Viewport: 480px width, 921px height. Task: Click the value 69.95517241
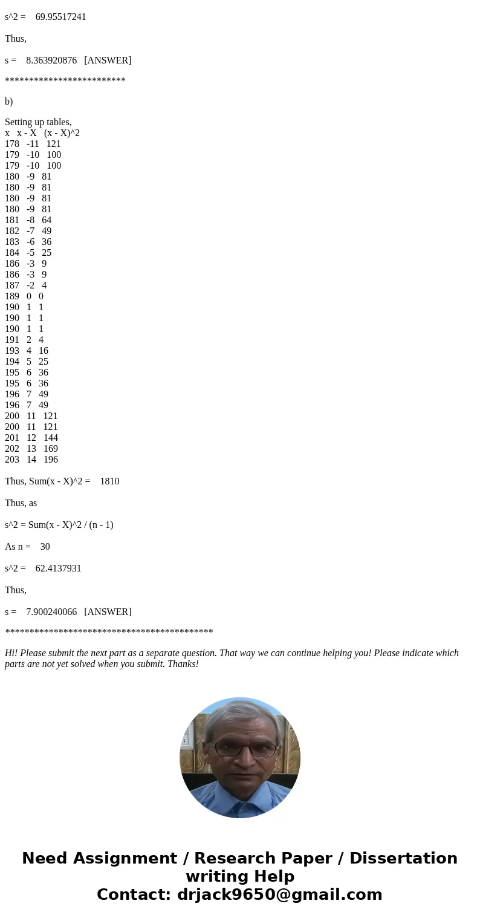coord(60,17)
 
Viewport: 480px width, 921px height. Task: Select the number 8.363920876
coord(51,60)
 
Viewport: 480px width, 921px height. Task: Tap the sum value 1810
coord(109,481)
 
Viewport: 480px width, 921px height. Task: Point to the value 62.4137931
coord(58,568)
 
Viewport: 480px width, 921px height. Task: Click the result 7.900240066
coord(51,612)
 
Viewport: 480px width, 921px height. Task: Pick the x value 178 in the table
coord(12,144)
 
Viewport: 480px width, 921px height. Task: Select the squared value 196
coord(51,460)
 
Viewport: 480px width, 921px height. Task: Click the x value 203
coord(12,460)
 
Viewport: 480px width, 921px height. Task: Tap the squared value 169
coord(51,449)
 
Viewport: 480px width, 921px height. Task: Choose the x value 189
coord(12,296)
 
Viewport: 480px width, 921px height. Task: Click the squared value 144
coord(51,438)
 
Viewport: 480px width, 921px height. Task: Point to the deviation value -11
coord(33,144)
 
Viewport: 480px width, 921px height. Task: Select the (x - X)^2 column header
coord(62,133)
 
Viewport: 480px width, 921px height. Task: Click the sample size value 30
coord(45,547)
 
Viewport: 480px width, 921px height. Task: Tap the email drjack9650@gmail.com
coord(279,894)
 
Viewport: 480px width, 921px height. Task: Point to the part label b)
coord(9,102)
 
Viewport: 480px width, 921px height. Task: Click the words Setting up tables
coord(38,122)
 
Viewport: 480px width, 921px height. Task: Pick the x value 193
coord(12,351)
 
